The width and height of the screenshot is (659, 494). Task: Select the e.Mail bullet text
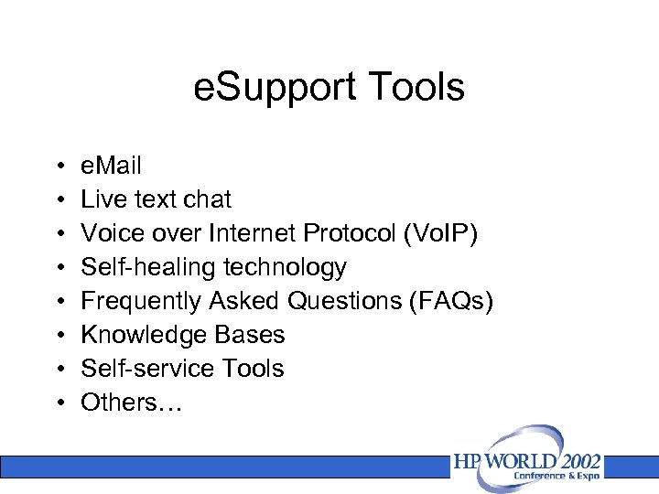click(111, 166)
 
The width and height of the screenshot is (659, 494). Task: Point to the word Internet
click(254, 233)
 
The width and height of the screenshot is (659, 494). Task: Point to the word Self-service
click(136, 369)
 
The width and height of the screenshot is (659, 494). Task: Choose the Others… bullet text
click(132, 403)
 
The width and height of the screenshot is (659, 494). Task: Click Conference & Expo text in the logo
click(555, 476)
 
